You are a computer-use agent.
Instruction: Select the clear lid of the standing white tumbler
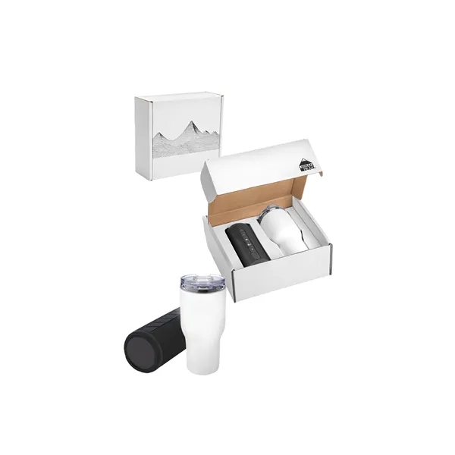point(195,281)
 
